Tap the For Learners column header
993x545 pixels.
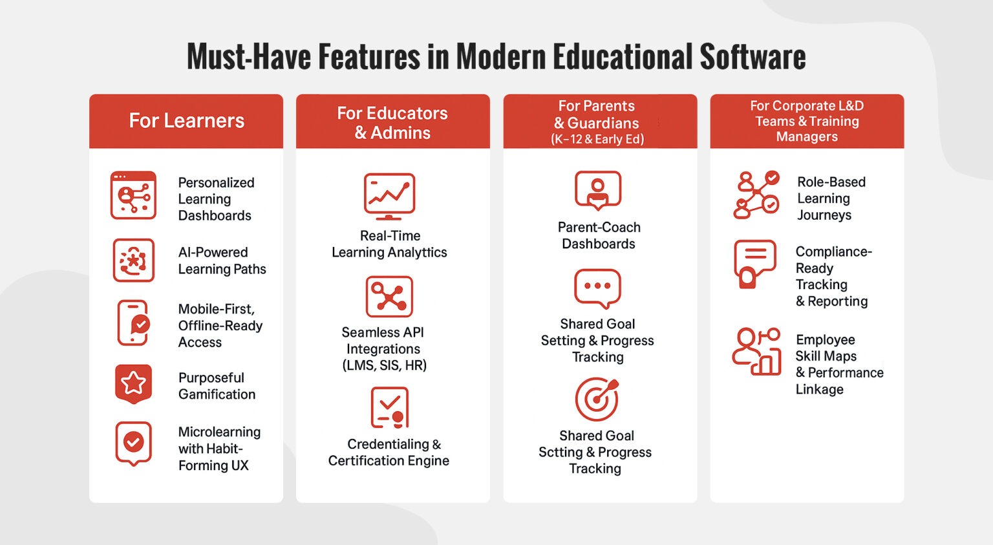186,121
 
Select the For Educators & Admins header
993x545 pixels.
392,123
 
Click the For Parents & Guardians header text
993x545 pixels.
597,122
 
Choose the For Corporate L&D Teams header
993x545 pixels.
807,121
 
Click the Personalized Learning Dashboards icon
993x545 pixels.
133,195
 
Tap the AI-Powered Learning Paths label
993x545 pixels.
222,261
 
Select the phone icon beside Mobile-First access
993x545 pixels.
133,323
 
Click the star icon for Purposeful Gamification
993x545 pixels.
133,383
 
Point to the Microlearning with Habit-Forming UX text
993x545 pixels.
219,449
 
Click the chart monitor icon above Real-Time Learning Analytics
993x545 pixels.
389,196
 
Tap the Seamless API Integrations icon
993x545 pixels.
389,297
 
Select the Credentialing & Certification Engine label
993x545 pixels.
389,453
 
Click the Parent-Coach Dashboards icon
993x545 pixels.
598,190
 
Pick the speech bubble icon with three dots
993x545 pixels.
598,288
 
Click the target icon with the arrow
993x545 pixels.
597,400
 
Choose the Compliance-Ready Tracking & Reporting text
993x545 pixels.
833,276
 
